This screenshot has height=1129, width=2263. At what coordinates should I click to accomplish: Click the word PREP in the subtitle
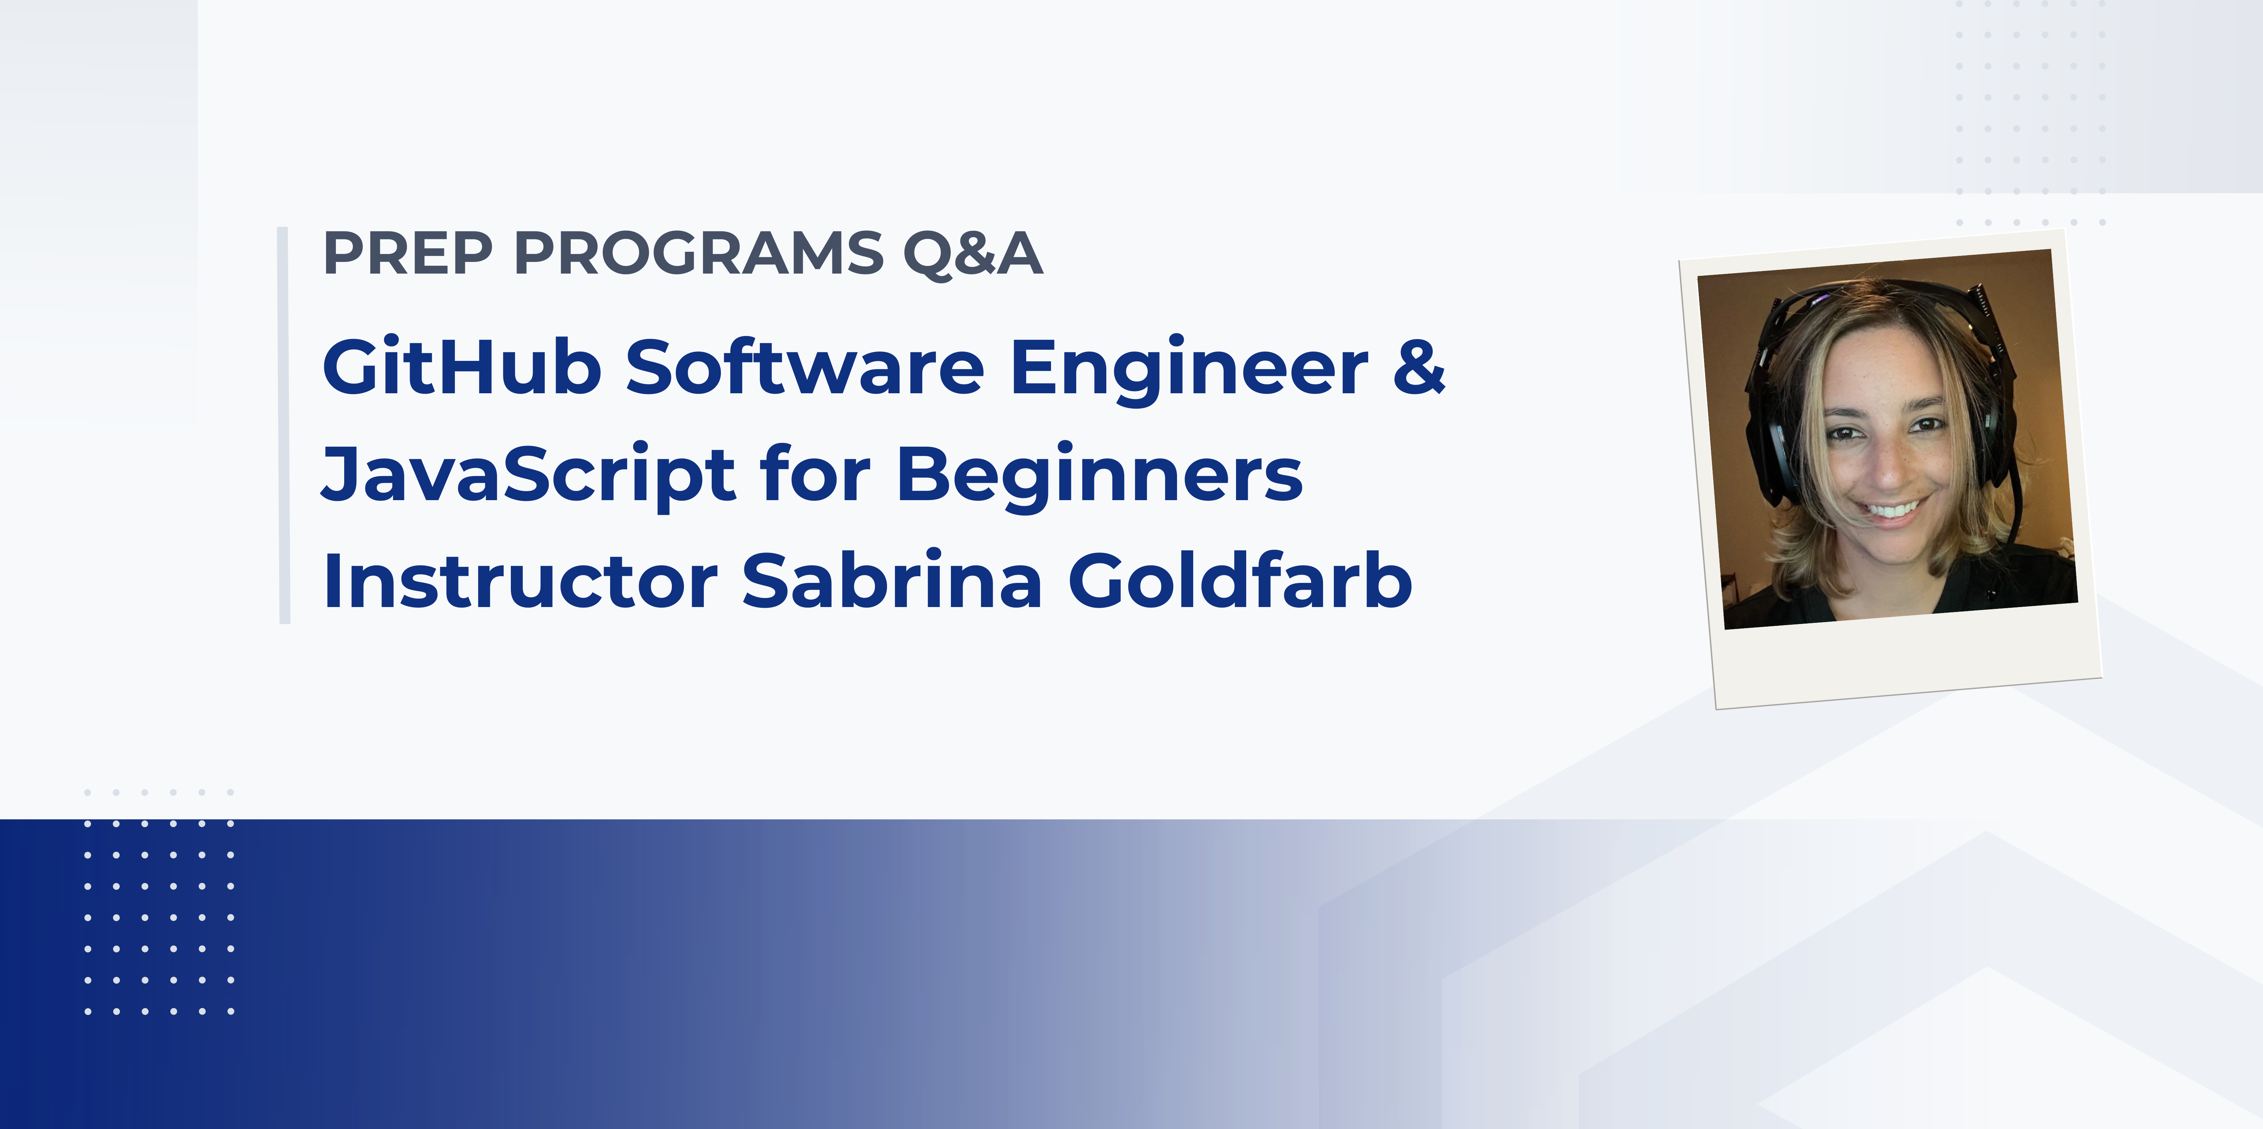click(x=409, y=254)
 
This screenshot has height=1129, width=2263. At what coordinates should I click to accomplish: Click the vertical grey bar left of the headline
click(x=284, y=425)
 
